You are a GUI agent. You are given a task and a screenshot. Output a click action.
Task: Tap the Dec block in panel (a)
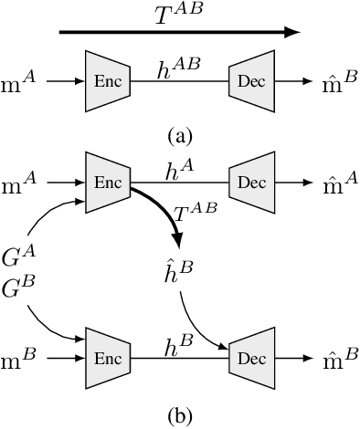point(251,81)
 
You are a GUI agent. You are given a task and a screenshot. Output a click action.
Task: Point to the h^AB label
point(180,65)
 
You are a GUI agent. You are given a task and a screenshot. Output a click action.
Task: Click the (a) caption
point(180,136)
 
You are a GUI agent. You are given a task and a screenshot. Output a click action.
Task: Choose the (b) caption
point(180,416)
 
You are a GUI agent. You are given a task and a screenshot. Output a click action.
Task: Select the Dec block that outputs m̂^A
point(251,182)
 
